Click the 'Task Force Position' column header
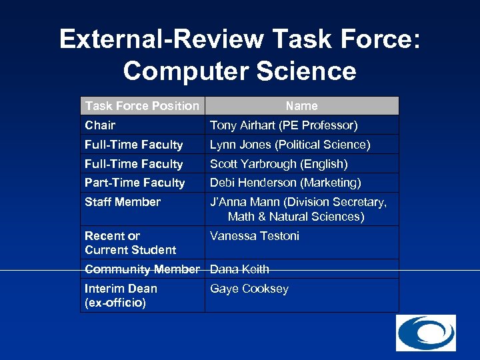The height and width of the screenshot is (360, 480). (142, 105)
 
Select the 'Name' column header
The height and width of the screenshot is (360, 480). (301, 105)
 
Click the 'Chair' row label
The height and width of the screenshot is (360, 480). (100, 125)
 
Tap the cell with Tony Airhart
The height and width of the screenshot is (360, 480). (283, 125)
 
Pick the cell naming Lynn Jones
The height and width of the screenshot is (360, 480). (290, 144)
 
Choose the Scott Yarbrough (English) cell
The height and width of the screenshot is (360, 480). (279, 163)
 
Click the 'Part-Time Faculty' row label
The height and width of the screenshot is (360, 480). (135, 182)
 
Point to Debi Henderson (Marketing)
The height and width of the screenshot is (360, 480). (285, 182)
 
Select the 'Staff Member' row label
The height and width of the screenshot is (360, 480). (123, 201)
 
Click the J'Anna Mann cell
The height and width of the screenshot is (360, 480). (298, 209)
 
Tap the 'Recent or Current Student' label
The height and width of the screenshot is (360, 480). (130, 243)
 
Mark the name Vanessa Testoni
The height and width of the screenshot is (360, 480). (255, 235)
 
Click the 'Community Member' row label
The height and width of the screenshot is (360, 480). (142, 269)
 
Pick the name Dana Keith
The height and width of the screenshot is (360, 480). (239, 269)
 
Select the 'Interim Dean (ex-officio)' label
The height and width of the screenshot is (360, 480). (121, 295)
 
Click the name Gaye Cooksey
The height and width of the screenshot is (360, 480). (249, 288)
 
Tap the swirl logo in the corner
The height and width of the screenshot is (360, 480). (426, 333)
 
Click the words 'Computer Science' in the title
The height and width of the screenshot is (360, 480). (239, 71)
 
